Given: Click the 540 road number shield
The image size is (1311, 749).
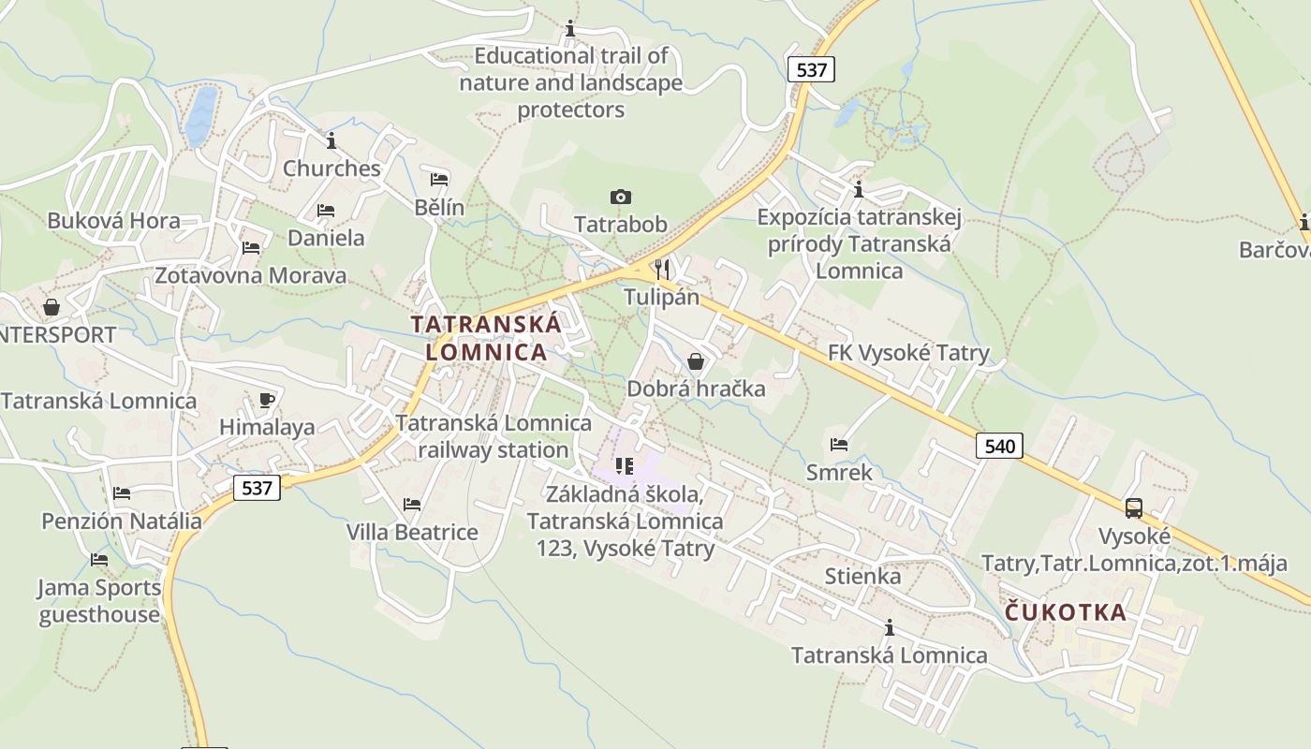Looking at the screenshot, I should click(999, 446).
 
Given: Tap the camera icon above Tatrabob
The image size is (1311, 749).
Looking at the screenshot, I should click(620, 197).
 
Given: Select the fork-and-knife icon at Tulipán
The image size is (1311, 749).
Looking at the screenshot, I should click(662, 269).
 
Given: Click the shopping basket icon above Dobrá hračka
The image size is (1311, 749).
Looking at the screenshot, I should click(696, 360).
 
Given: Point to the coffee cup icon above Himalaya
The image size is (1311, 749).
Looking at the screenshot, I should click(267, 400).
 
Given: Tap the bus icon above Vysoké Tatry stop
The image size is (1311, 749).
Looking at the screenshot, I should click(1134, 508).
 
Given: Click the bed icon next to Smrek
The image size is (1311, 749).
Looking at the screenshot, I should click(839, 445).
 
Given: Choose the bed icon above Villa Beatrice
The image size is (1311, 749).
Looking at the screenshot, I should click(412, 505).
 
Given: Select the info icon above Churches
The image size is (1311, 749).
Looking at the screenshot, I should click(331, 140).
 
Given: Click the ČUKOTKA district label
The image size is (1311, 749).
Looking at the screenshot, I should click(1066, 612).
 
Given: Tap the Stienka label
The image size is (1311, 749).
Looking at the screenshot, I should click(862, 576).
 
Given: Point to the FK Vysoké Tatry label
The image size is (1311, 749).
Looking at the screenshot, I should click(908, 353).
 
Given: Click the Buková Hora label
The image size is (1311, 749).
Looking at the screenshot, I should click(113, 222).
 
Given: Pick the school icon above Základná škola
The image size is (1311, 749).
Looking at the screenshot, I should click(625, 465).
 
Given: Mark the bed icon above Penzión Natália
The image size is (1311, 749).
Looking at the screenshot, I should click(122, 493).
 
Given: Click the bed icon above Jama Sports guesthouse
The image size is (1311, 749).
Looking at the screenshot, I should click(99, 560).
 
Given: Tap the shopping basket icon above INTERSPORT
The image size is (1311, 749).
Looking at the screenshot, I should click(52, 307).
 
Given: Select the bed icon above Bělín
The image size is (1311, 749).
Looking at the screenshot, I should click(439, 179).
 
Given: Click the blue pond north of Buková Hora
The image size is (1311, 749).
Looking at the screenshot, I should click(200, 117).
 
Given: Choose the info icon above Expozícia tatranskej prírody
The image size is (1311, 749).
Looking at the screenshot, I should click(859, 190).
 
